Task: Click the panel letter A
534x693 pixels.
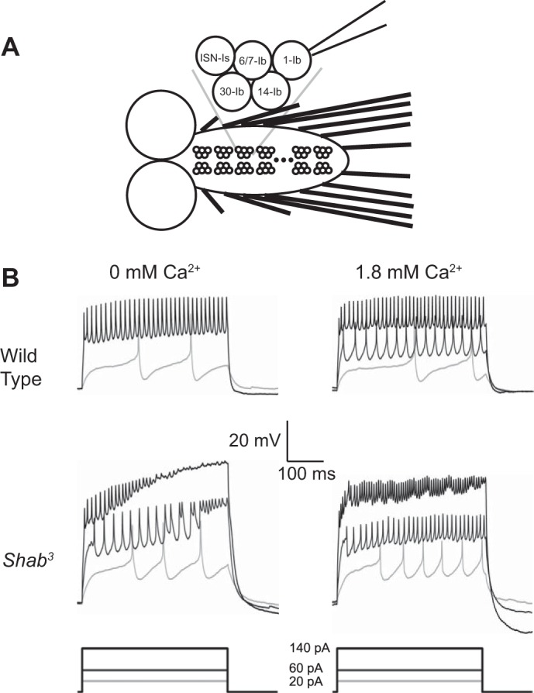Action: pos(12,48)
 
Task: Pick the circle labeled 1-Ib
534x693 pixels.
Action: pos(291,60)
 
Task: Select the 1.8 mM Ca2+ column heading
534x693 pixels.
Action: pos(412,273)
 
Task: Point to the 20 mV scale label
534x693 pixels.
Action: pos(255,440)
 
